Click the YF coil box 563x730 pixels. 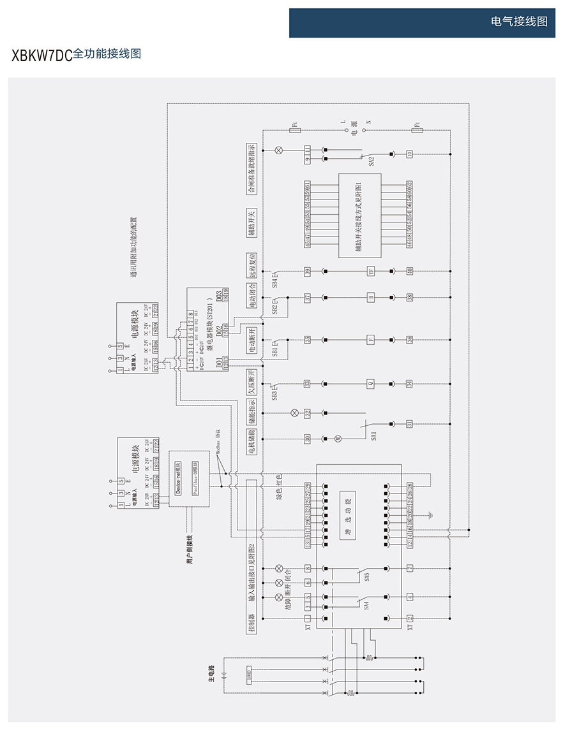(370, 272)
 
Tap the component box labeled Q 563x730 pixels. (370, 384)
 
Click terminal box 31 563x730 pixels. (409, 423)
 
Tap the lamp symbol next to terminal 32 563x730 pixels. (295, 412)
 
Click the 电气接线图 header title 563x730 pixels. (519, 22)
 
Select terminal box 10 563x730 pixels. (409, 153)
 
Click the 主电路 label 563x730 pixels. (211, 675)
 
